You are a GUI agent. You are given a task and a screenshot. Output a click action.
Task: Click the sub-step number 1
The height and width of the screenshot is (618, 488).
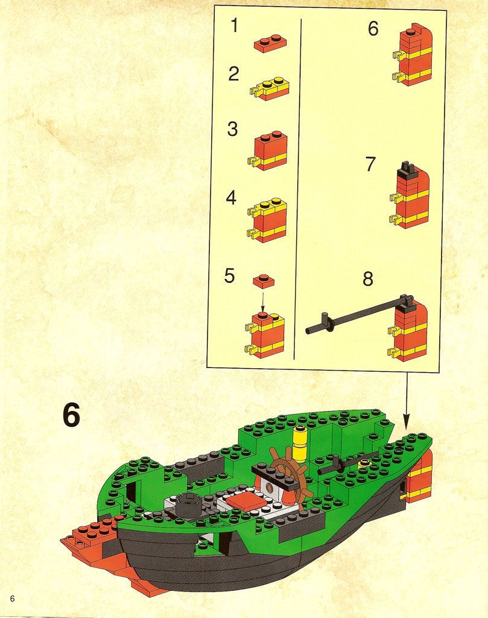[x=235, y=25]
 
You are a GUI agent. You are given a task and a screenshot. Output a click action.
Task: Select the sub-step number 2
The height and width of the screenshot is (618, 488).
[x=233, y=74]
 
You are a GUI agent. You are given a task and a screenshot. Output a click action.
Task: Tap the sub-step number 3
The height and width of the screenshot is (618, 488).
[x=232, y=129]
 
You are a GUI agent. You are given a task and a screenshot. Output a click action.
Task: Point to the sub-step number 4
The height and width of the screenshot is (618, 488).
[x=231, y=198]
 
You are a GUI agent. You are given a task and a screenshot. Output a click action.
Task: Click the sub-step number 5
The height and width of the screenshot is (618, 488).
[x=229, y=275]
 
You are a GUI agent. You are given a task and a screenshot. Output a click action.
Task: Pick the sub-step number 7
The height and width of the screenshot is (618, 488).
[x=370, y=164]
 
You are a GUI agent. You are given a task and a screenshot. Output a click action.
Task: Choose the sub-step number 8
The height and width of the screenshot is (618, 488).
[x=368, y=279]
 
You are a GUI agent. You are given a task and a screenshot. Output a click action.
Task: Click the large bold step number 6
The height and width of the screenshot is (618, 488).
[x=71, y=415]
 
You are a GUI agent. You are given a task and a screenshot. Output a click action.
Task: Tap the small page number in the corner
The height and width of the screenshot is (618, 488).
[x=12, y=598]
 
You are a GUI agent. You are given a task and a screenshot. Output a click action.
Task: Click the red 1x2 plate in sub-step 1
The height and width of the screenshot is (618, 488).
[x=270, y=43]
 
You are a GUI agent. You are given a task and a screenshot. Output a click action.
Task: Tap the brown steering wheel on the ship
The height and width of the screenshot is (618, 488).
[x=290, y=472]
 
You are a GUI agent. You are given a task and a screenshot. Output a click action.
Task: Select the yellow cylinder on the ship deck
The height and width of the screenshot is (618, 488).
[x=300, y=444]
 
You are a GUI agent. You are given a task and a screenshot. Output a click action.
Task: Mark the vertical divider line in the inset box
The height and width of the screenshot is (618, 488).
[x=298, y=188]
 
